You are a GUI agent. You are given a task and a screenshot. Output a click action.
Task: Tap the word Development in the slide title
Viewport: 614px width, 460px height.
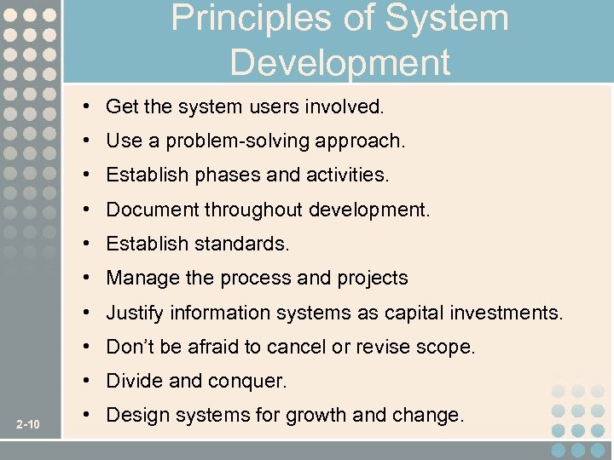click(x=339, y=62)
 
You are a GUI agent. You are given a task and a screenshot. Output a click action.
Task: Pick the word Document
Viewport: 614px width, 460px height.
click(x=146, y=210)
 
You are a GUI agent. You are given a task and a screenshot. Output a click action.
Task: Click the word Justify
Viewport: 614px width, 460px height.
click(x=135, y=313)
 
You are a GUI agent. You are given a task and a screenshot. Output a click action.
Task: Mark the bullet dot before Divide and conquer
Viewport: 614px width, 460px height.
click(x=88, y=382)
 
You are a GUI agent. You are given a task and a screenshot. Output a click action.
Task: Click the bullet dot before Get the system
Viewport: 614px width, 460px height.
click(x=88, y=106)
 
